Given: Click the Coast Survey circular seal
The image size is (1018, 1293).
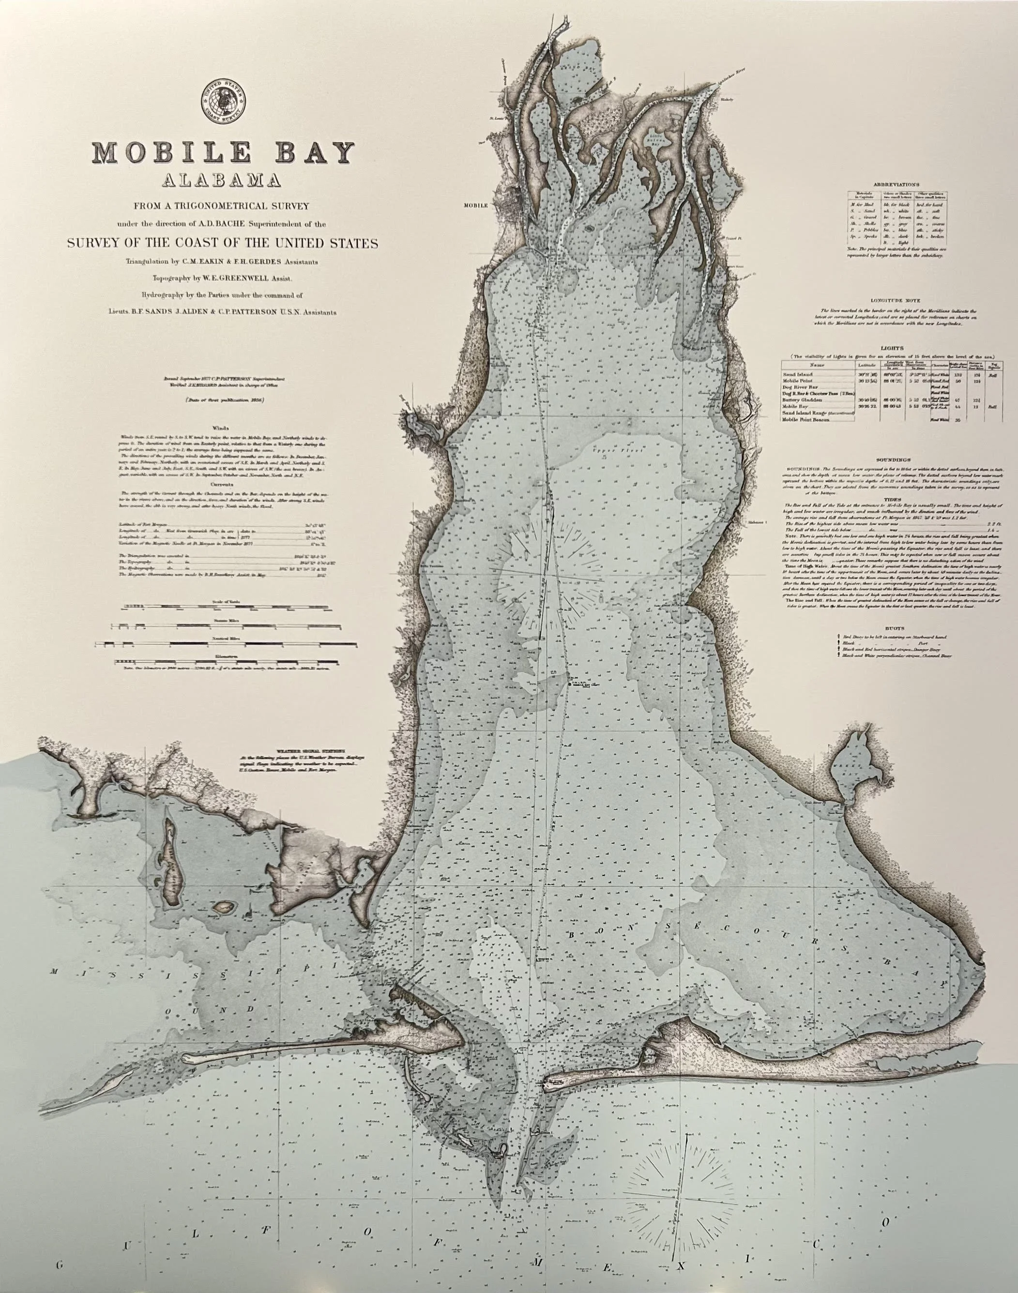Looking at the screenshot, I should tap(224, 103).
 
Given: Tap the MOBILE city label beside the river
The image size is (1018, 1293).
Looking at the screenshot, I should tap(476, 204).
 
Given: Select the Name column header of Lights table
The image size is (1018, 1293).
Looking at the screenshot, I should tap(818, 365).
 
